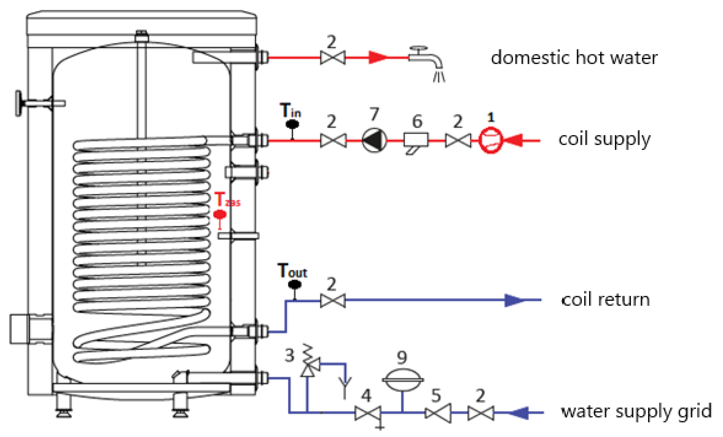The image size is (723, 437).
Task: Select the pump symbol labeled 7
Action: [374, 140]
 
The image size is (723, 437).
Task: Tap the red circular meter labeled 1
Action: [491, 140]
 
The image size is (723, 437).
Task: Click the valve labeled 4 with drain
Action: [368, 413]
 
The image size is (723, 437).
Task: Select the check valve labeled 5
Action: [438, 413]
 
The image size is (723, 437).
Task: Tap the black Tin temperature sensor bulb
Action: [292, 124]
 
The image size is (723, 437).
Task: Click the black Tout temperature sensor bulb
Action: [295, 284]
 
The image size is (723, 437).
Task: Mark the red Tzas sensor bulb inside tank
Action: [220, 215]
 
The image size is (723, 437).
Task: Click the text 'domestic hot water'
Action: [574, 58]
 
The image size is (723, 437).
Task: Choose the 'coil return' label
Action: [605, 300]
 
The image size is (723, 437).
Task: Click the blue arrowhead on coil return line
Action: [514, 300]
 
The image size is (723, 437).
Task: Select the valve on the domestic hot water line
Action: [333, 58]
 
